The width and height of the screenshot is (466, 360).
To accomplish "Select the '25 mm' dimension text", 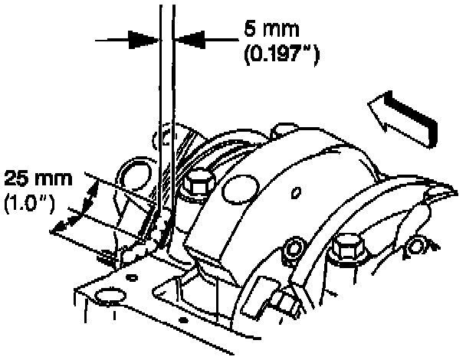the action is coord(38,179).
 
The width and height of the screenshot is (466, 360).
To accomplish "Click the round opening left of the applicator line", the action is coord(133,175).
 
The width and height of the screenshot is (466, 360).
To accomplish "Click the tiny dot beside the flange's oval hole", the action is coord(131,274).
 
